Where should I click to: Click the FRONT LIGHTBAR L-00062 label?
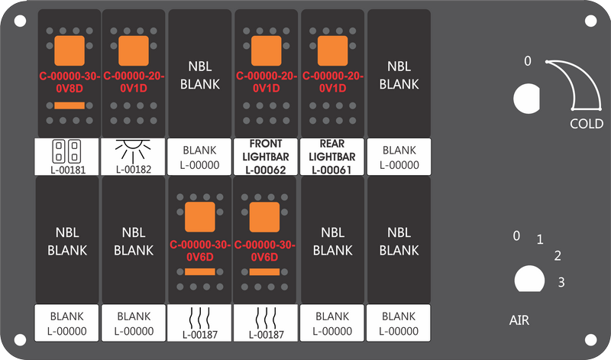266,157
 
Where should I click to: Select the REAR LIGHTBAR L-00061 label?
332,157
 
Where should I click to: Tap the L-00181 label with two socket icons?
67,157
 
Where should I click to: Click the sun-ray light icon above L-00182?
133,151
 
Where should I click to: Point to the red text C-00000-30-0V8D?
70,83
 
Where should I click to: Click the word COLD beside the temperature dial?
587,124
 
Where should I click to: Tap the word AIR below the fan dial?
519,320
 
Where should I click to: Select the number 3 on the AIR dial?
561,282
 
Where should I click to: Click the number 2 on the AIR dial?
558,256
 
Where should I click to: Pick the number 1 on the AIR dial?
540,239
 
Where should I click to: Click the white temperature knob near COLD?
527,99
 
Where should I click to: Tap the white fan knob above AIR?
529,279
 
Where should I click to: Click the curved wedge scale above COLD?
587,80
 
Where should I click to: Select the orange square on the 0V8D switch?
70,50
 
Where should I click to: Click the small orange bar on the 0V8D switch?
70,105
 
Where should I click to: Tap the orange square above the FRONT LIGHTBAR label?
266,50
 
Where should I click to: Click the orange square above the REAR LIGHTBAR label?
333,50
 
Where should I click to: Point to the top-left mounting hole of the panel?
20,21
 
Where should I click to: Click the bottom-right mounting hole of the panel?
590,339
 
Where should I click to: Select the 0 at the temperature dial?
527,61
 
